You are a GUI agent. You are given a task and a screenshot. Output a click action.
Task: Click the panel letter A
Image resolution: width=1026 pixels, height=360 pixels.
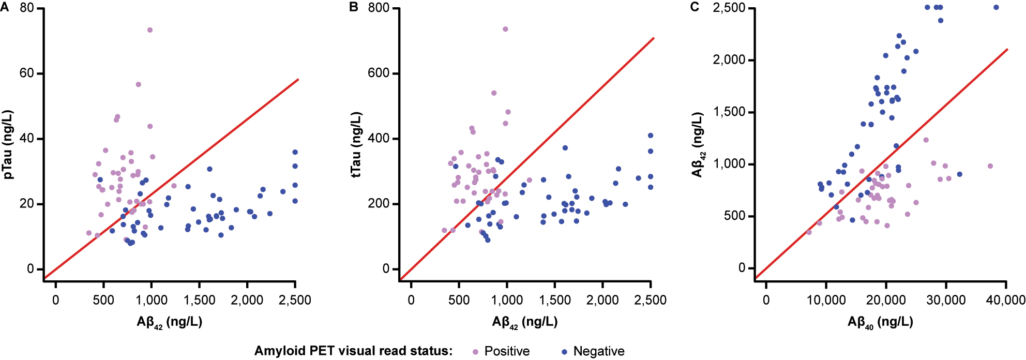tap(5, 7)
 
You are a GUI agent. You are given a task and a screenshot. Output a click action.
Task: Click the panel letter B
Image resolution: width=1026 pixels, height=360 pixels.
tap(354, 7)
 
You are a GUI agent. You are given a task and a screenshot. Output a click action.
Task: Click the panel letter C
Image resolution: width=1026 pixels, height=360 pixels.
tap(695, 7)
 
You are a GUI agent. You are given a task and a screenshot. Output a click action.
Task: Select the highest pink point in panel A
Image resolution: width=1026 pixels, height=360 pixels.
tap(150, 30)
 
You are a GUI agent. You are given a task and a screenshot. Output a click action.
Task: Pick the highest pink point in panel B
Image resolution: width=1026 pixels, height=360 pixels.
tap(505, 29)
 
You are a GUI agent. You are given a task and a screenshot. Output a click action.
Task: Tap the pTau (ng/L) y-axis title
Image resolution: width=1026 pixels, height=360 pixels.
tap(8, 145)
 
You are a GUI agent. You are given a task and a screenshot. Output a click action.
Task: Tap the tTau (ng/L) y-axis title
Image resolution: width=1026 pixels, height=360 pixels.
tap(356, 145)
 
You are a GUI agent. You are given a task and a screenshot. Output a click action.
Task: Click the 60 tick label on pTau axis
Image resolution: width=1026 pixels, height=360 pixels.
tap(27, 73)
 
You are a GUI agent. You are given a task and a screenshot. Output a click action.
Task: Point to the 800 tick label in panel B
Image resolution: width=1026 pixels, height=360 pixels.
tap(379, 8)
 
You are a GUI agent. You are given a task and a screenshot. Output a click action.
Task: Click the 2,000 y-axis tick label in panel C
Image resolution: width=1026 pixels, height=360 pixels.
tap(729, 59)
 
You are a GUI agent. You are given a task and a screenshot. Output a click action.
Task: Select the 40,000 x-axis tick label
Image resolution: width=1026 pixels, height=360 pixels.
tap(1005, 300)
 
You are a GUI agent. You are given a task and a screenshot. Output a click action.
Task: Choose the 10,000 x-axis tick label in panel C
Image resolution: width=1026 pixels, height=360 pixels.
tap(826, 300)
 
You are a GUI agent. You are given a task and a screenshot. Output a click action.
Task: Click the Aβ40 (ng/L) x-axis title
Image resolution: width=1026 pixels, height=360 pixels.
tap(880, 322)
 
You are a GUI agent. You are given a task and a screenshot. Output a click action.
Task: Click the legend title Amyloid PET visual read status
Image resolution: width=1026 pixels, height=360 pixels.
tap(353, 351)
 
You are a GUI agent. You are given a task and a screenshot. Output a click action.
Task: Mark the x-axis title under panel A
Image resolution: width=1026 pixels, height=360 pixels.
tap(169, 322)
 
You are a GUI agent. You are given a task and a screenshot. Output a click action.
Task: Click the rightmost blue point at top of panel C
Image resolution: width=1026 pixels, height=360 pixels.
tap(996, 7)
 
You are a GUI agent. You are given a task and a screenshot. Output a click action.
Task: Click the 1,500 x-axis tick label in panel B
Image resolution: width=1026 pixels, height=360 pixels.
tap(555, 300)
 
